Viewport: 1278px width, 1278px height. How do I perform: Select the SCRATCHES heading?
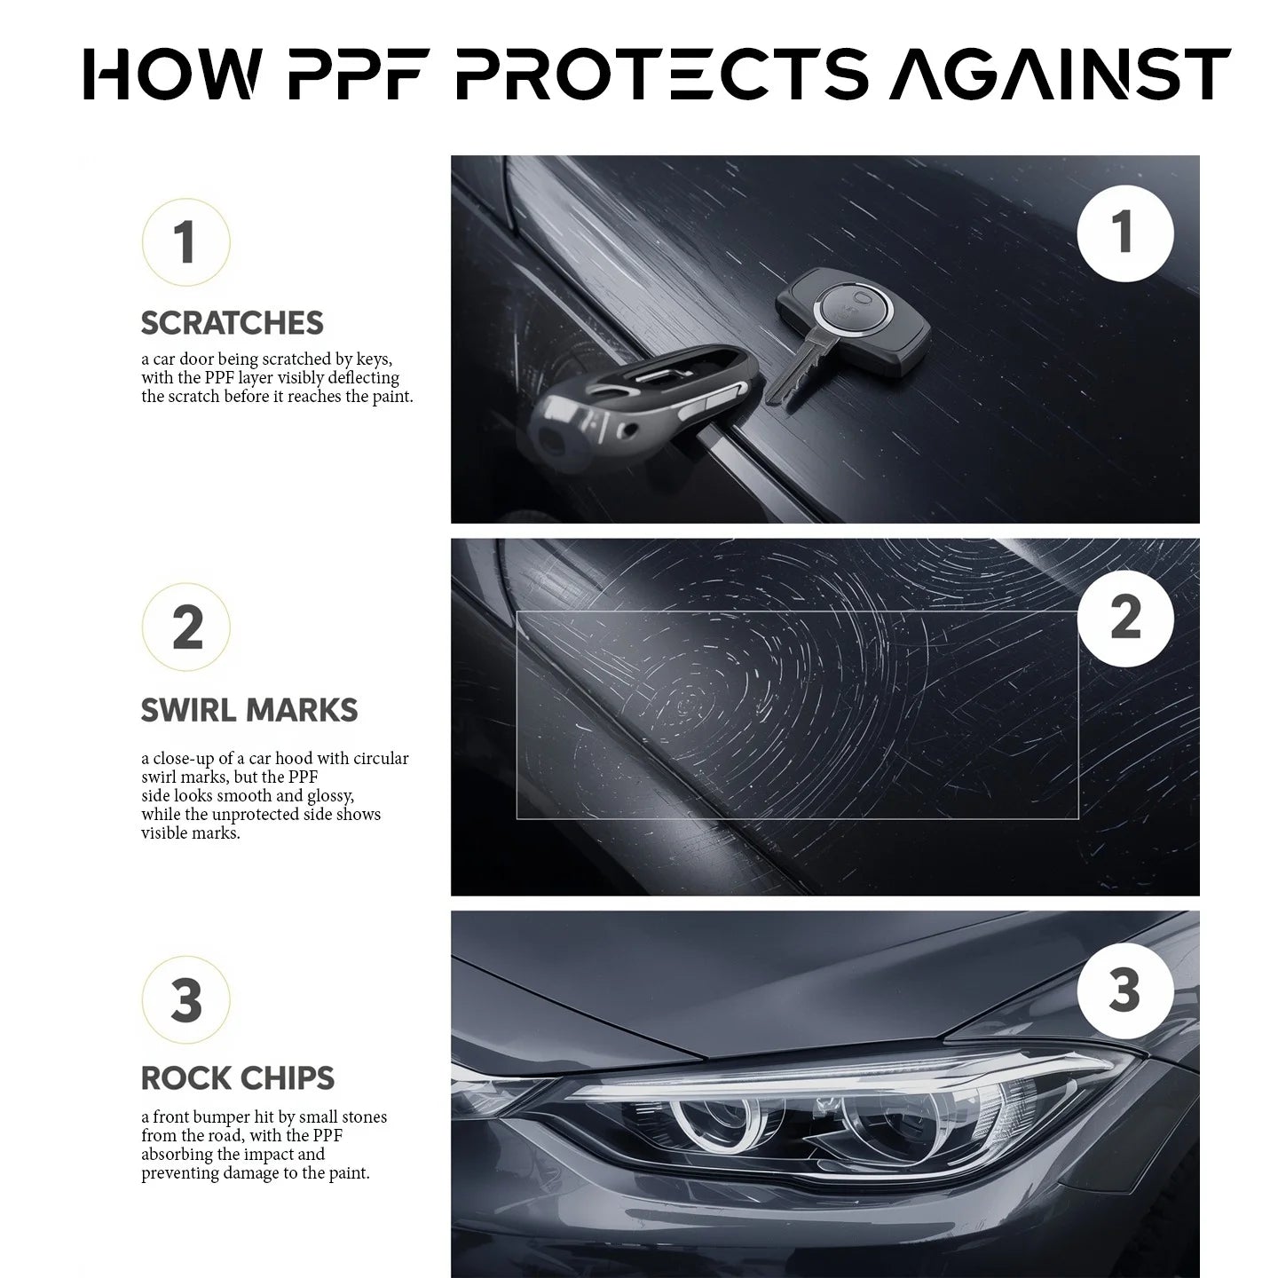(233, 323)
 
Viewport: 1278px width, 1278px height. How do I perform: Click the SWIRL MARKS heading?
(249, 710)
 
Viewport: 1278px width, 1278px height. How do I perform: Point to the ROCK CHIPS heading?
(238, 1078)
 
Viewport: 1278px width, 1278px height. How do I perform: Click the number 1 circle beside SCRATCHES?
(185, 242)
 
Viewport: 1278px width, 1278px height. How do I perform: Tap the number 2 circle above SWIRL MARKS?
(186, 627)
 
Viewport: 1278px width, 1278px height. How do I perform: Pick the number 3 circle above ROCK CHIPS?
(186, 1000)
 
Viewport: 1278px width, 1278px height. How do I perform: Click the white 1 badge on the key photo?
(1124, 233)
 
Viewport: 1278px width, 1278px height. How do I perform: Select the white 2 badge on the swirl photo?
(1124, 619)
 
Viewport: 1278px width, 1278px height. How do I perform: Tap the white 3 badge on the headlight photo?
(1124, 990)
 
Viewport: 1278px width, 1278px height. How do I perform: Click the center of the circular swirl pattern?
(688, 706)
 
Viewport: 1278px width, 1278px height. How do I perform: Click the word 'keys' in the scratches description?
(373, 359)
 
